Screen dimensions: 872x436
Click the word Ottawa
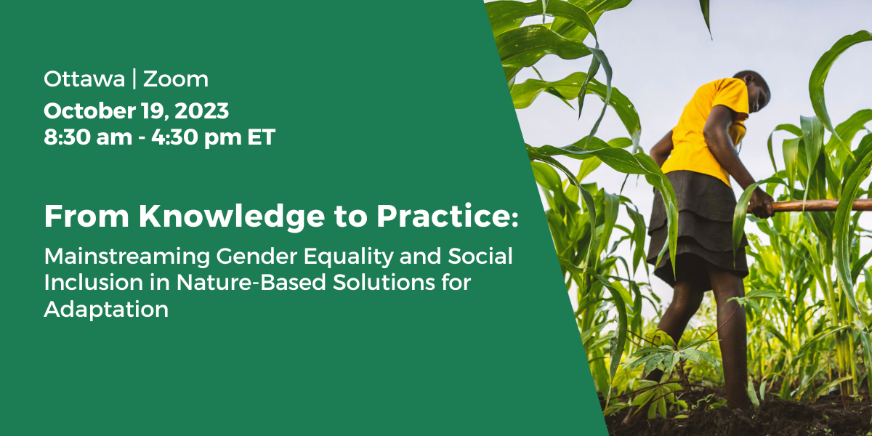pos(84,79)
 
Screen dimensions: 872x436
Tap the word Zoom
pos(176,79)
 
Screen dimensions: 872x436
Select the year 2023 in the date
pos(202,111)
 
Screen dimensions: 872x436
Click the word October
pos(89,111)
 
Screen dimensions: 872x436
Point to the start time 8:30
pos(68,137)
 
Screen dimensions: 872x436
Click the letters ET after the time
pos(262,137)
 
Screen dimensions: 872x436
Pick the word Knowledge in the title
pos(232,217)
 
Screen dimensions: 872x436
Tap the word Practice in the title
pos(444,216)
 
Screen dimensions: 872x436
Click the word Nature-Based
pos(251,283)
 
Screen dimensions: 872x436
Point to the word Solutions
pos(384,283)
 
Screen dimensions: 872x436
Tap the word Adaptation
pos(106,310)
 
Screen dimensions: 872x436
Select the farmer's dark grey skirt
pos(697,230)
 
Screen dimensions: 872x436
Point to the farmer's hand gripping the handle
pos(760,203)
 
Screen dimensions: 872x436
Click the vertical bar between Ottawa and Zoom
pos(134,78)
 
